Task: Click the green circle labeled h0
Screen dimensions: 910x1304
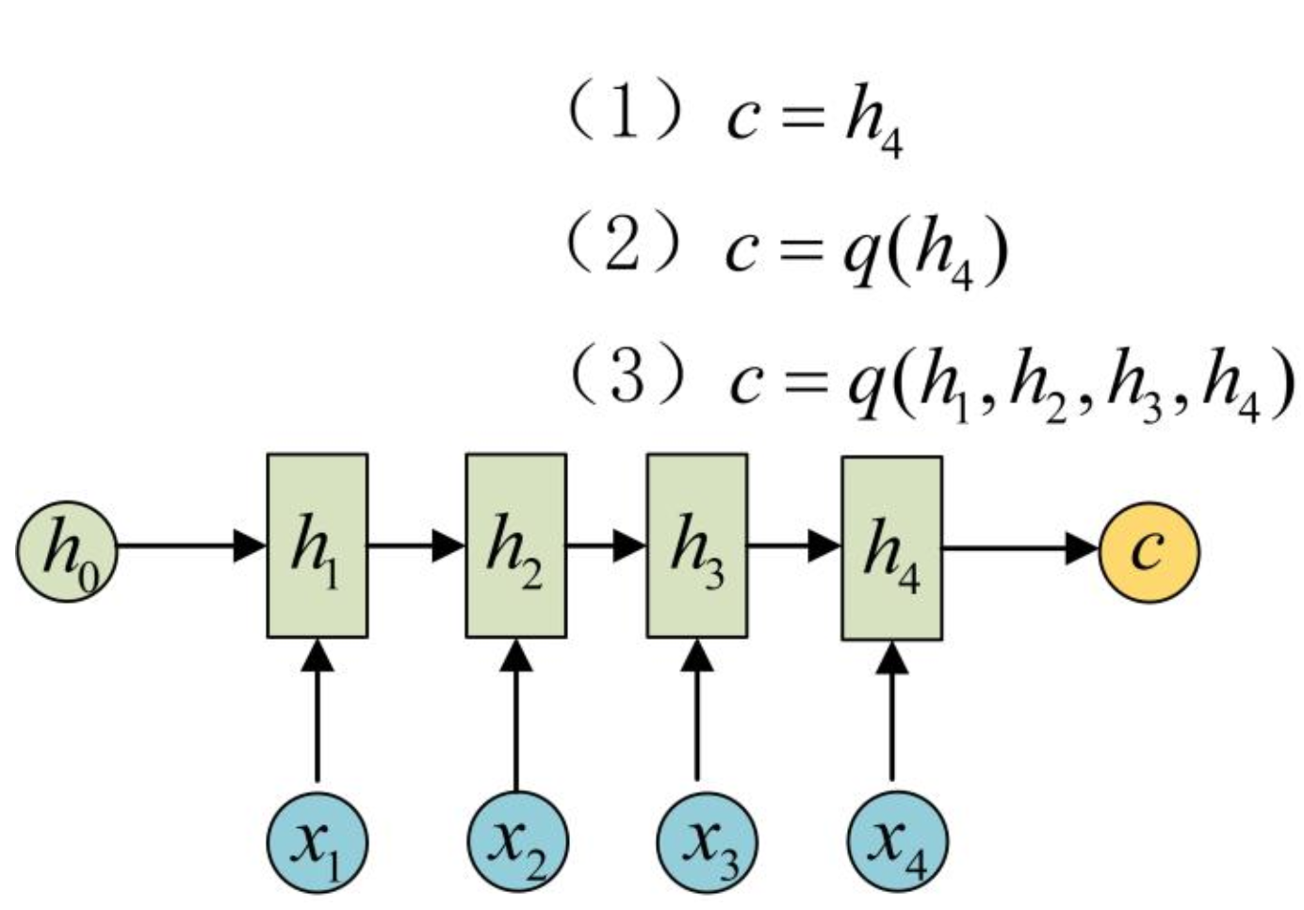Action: pos(66,551)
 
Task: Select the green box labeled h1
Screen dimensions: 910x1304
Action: pos(317,546)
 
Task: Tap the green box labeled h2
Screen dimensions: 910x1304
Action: pos(516,546)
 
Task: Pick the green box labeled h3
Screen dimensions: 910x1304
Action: pos(697,546)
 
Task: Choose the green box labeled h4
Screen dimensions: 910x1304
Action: pos(891,548)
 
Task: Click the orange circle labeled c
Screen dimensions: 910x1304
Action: pos(1149,551)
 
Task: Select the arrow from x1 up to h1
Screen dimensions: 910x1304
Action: pos(317,711)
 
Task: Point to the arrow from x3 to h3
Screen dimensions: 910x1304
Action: pos(697,711)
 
